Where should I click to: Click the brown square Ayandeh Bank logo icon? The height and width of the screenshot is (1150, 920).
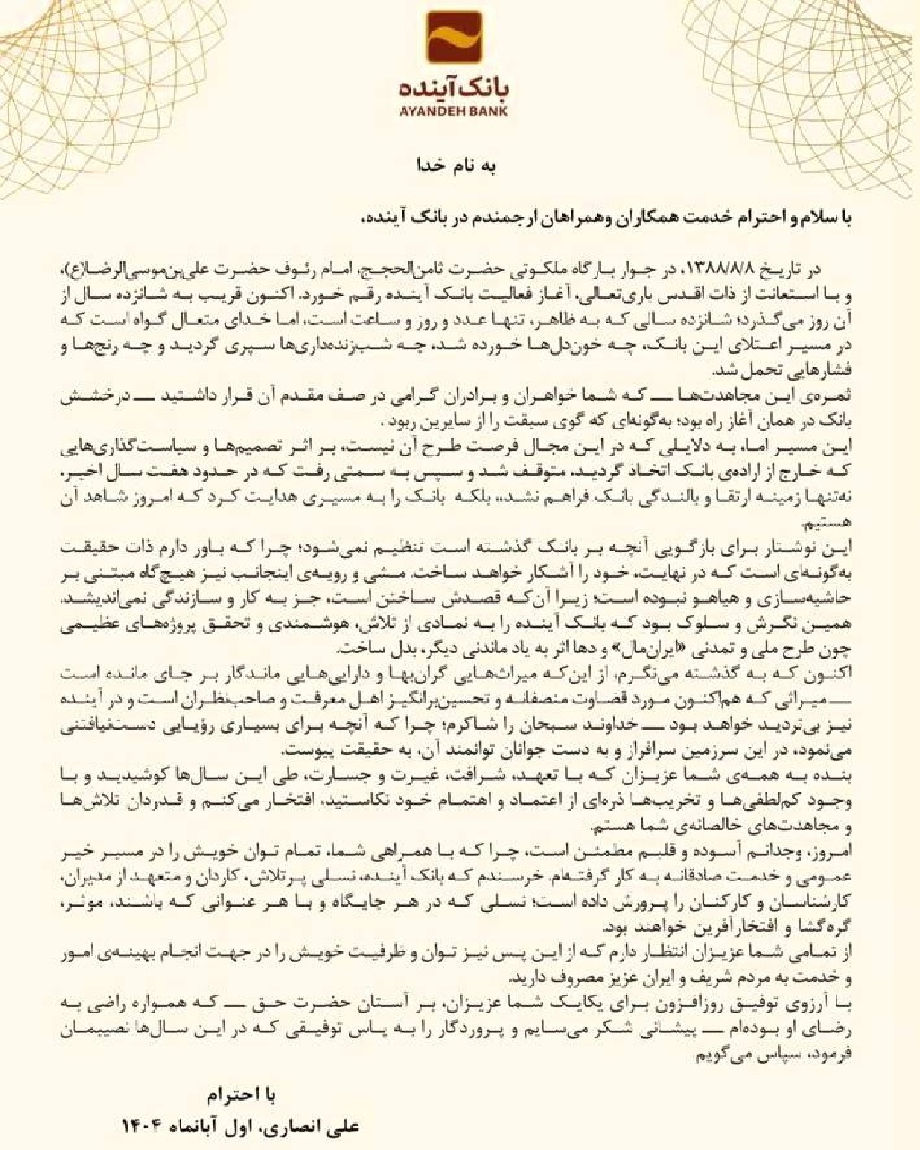459,40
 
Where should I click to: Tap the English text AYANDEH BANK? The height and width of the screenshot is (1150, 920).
459,112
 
